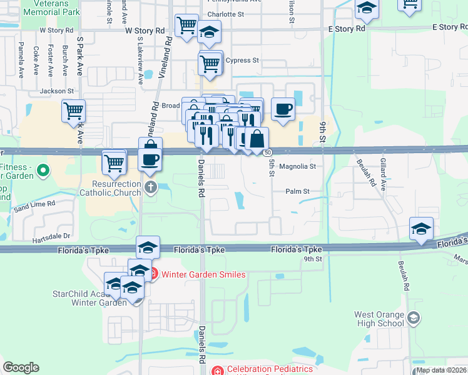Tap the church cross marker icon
150,187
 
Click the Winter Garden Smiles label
203,274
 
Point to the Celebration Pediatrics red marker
216,370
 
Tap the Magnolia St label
297,167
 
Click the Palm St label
298,191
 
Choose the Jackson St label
57,91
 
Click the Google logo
21,367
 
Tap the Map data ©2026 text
442,370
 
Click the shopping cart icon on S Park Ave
74,111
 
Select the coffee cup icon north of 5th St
283,109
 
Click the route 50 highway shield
267,152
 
